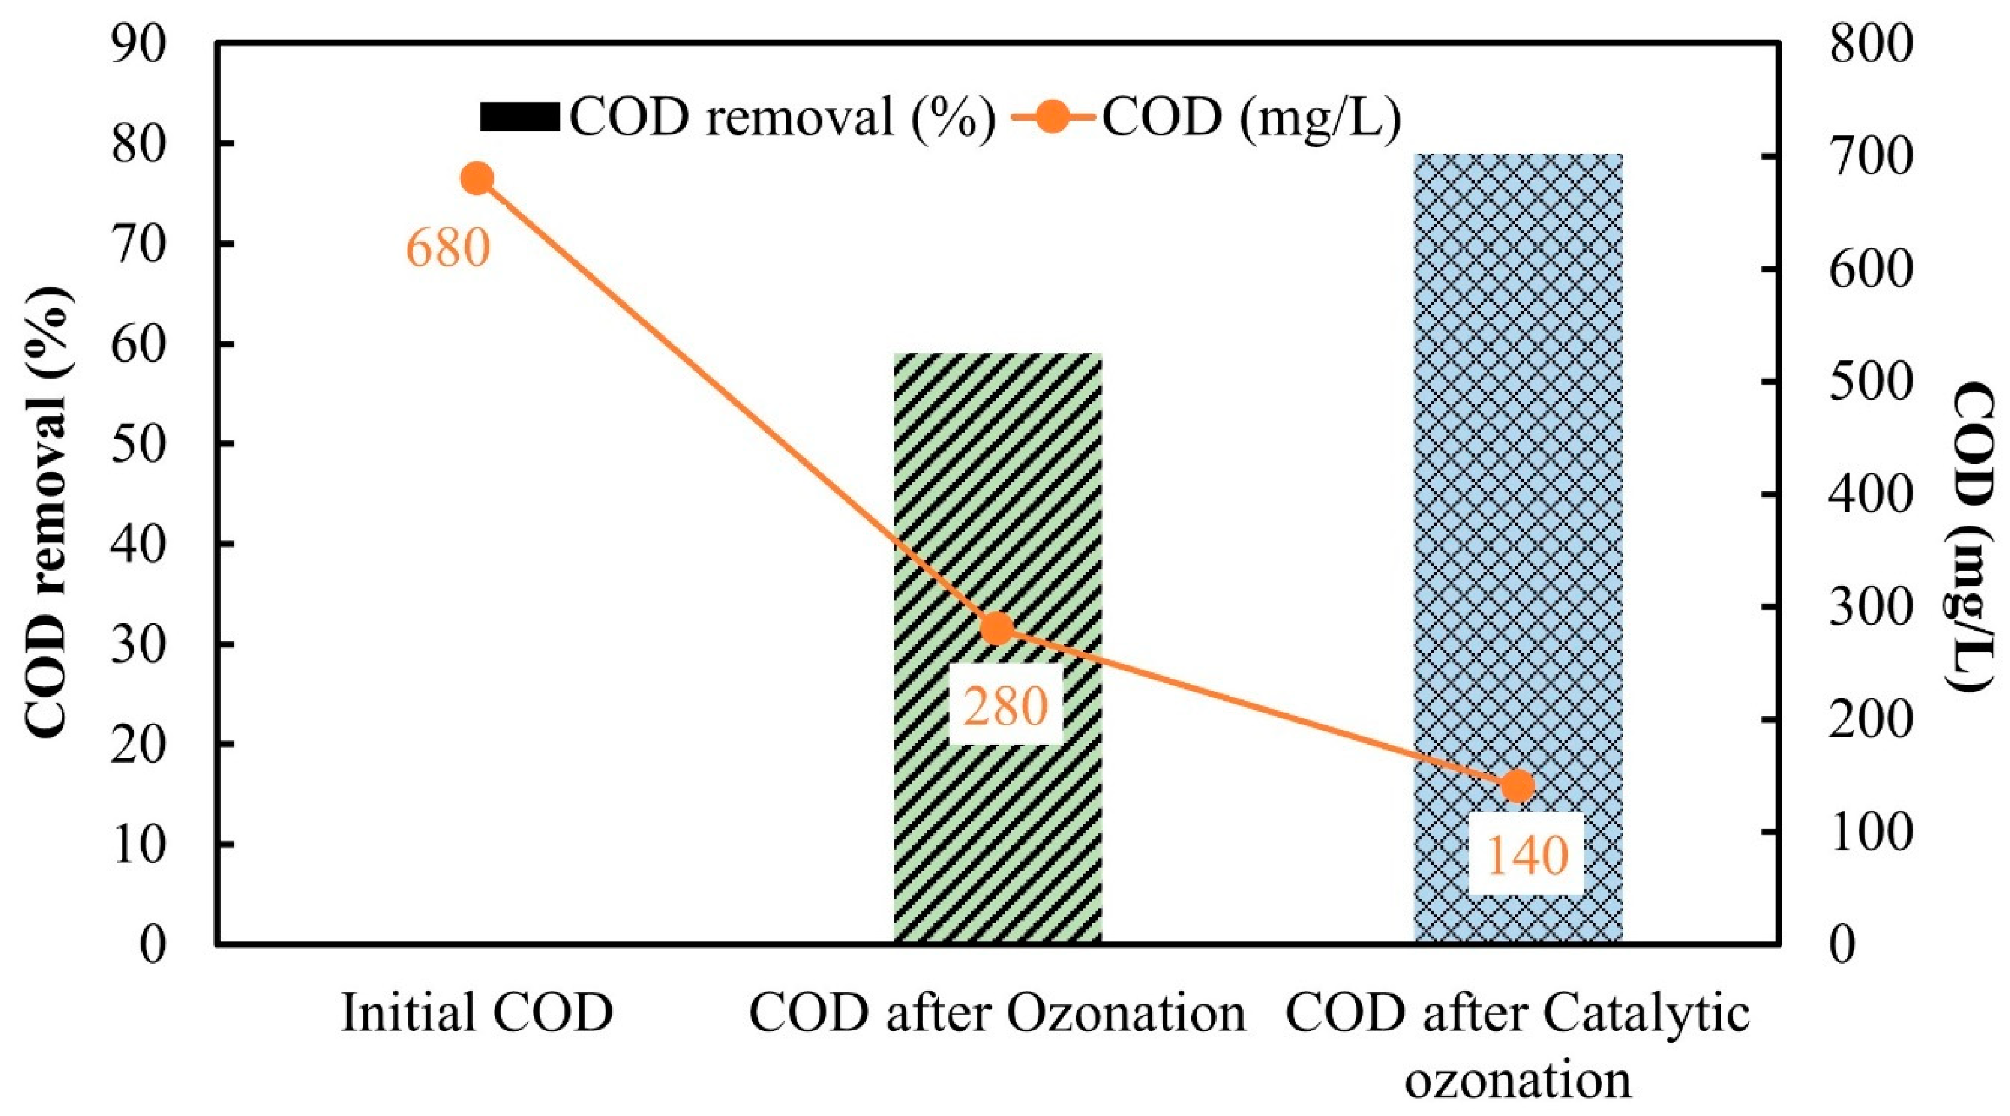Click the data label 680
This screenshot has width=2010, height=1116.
[x=448, y=248]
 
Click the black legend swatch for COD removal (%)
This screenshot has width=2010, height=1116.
[x=519, y=117]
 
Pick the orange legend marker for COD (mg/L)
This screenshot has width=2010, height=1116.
[x=1053, y=117]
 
